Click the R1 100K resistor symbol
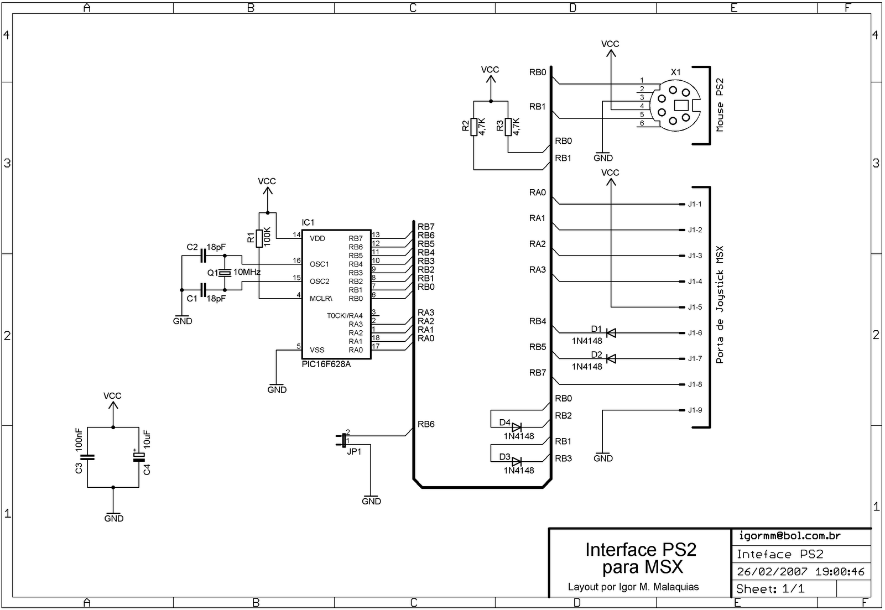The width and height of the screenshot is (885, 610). click(x=259, y=237)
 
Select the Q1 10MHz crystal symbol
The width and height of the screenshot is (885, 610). click(x=225, y=273)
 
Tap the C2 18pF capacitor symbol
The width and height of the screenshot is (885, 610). click(x=203, y=256)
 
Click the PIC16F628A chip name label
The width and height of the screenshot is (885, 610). click(x=326, y=364)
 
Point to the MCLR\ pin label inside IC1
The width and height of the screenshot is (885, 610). click(x=321, y=299)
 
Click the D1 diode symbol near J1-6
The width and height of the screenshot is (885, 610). click(x=611, y=333)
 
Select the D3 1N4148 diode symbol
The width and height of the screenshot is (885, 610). click(x=517, y=461)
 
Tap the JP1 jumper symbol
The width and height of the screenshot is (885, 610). click(x=343, y=440)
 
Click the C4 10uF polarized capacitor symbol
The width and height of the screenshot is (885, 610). click(x=139, y=457)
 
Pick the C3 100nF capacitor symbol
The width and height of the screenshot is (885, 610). click(x=87, y=457)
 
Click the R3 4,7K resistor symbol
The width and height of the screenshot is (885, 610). click(x=508, y=127)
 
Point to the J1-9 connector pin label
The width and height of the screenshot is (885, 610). click(x=695, y=410)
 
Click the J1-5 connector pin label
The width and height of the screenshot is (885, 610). click(x=695, y=307)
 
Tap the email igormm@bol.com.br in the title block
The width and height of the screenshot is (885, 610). click(x=789, y=535)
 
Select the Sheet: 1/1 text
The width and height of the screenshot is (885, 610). click(x=770, y=589)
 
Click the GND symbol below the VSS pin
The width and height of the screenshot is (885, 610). click(x=277, y=387)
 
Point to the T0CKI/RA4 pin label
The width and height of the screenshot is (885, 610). click(x=345, y=316)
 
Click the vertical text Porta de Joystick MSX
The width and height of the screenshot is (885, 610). click(x=720, y=305)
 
